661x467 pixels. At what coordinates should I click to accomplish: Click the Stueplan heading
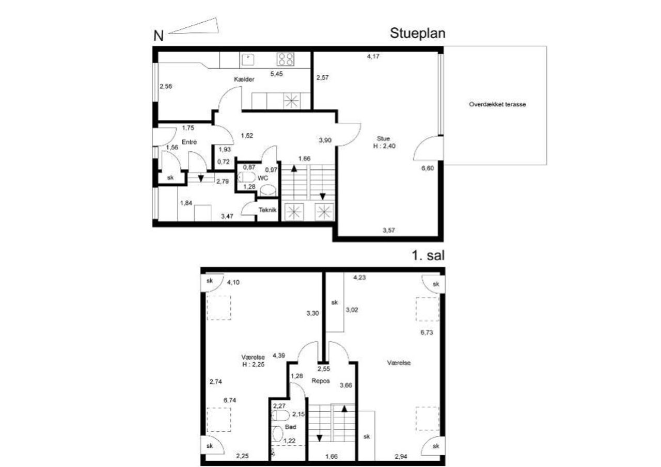pos(418,34)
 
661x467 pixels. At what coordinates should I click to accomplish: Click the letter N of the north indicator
pos(159,36)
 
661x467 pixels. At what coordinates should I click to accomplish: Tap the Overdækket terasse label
pos(497,104)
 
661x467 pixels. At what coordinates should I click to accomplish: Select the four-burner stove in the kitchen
pos(286,59)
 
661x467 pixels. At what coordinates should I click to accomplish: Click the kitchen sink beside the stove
pos(248,59)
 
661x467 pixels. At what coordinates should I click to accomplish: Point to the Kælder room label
pos(244,79)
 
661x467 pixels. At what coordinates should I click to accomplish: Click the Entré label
pos(189,142)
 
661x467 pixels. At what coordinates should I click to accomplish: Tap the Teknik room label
pos(267,210)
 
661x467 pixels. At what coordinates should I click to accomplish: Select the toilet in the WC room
pos(247,178)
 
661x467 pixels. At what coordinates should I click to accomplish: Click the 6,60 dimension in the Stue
pos(428,168)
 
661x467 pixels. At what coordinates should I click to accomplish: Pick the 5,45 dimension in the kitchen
pos(276,74)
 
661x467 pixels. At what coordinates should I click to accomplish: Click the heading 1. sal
pos(428,255)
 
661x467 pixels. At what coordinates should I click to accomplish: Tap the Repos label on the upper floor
pos(321,381)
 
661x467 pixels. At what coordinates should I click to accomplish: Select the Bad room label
pos(291,427)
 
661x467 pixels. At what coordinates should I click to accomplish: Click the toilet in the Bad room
pos(280,416)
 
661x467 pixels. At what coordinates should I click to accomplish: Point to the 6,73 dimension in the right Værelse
pos(427,332)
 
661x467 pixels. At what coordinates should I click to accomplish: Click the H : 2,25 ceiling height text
pos(254,365)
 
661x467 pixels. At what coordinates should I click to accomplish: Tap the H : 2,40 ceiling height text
pos(384,146)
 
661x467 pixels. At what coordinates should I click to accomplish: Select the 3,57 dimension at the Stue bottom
pos(389,230)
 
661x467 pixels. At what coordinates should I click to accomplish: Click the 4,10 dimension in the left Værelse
pos(233,282)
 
